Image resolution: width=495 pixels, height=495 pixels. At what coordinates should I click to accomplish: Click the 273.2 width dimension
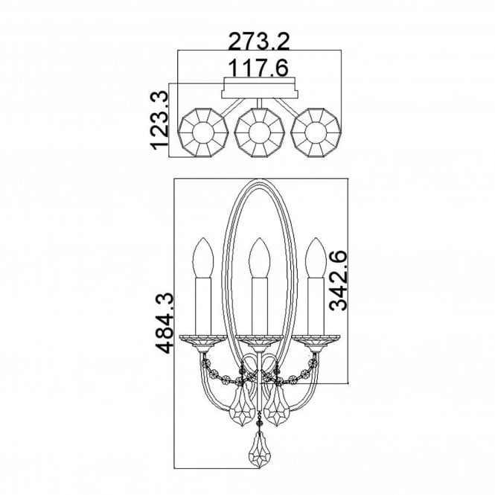coord(258,42)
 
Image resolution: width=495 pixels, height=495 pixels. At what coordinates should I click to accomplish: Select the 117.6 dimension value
coord(258,68)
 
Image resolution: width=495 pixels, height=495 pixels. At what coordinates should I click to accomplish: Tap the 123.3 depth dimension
coord(159,120)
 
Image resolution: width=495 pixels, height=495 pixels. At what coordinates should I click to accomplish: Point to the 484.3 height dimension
coord(165,322)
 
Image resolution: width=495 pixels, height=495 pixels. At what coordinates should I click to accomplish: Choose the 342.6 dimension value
coord(338,281)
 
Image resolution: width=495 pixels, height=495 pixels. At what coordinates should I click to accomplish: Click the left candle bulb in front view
coord(203,258)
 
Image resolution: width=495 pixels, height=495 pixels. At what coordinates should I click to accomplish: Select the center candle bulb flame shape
coord(260,258)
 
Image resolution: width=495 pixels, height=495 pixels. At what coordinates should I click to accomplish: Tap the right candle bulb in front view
coord(316,258)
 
